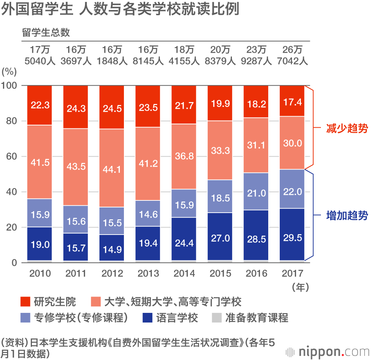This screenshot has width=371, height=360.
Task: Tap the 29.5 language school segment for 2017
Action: pos(292,238)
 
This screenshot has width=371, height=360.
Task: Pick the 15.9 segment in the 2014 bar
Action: pos(184,203)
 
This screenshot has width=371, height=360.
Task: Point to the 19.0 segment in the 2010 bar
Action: pos(40,245)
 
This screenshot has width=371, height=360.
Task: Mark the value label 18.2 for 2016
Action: pos(256,104)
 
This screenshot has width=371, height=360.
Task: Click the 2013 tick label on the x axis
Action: pos(148,274)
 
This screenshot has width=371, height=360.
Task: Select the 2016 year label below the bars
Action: pos(256,274)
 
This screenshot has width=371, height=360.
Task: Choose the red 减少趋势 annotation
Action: pos(347,129)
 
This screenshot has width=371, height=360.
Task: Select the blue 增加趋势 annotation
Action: pos(347,216)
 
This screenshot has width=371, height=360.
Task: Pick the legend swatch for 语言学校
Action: pos(148,318)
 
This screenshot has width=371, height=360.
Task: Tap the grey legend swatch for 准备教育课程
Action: pos(217,318)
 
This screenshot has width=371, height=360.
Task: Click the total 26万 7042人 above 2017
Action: pos(292,55)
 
